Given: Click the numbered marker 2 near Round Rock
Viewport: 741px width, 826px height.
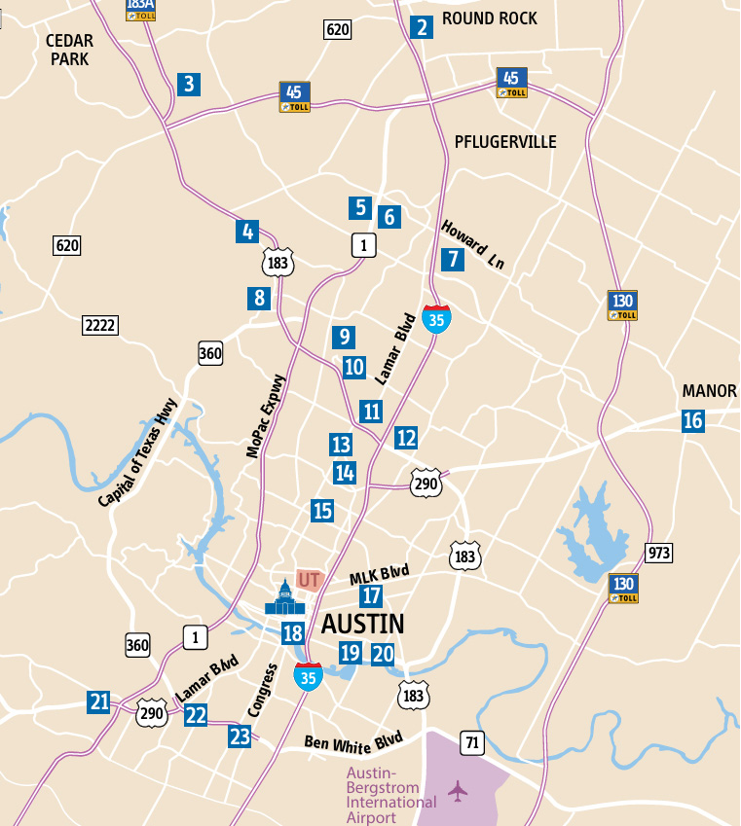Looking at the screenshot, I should click(x=422, y=26).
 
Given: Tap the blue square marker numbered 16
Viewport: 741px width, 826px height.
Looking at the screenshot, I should click(x=693, y=421).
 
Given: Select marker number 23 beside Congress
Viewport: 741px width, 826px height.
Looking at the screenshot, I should click(x=241, y=736).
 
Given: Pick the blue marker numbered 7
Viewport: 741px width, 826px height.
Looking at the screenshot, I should click(x=452, y=259).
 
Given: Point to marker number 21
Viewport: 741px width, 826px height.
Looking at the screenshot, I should click(x=98, y=701).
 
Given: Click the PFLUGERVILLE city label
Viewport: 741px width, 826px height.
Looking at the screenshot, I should click(x=505, y=142).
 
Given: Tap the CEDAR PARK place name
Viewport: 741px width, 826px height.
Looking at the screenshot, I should click(x=68, y=50).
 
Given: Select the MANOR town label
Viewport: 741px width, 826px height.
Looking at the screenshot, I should click(x=709, y=391).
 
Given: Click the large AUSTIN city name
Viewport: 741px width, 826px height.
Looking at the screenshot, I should click(x=362, y=623).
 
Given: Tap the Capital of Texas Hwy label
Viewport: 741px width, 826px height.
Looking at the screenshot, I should click(x=138, y=453).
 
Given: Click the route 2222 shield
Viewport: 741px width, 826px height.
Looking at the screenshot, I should click(x=99, y=325).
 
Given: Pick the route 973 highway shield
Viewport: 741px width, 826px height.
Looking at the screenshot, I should click(x=659, y=554).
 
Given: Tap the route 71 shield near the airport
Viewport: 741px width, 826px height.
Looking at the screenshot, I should click(x=473, y=743).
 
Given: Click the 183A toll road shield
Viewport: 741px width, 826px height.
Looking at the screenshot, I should click(x=140, y=10).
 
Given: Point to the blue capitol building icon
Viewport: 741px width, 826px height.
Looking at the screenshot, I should click(x=284, y=598).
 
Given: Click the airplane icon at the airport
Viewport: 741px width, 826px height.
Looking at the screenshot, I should click(x=458, y=790).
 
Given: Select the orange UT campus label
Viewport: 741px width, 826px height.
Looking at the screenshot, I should click(x=310, y=580).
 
